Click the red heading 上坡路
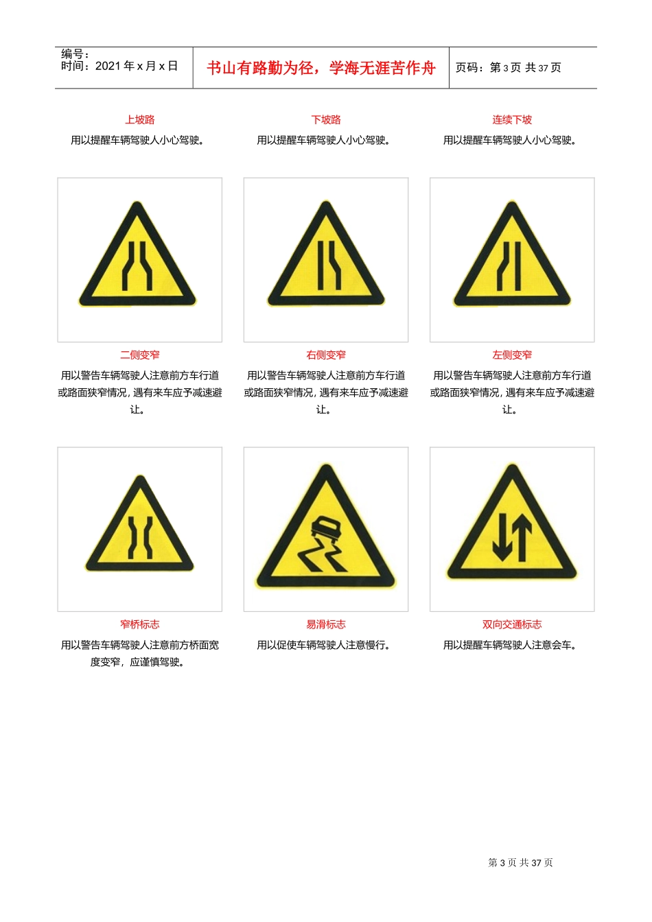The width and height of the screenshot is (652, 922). point(139,120)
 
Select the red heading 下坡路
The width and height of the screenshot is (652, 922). point(326,120)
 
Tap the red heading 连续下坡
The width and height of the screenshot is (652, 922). point(512,120)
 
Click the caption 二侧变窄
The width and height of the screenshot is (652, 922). point(139,355)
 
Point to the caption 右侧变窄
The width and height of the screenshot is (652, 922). point(326,355)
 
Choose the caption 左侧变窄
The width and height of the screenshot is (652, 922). point(512,355)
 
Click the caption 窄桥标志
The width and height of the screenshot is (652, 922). point(139,624)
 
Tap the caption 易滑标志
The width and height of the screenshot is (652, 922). point(326,624)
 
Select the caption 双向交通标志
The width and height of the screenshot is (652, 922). point(512,624)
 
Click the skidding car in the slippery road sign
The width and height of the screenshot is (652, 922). point(325,529)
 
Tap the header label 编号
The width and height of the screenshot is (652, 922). point(71,54)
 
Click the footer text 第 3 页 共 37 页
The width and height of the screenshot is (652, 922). point(520,863)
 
